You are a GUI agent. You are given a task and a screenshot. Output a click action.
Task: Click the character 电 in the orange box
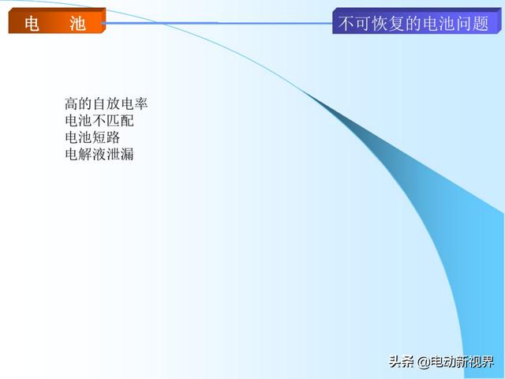[32, 24]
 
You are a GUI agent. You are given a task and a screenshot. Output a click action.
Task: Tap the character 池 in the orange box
[77, 24]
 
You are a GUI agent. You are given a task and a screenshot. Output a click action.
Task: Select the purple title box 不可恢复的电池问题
[417, 21]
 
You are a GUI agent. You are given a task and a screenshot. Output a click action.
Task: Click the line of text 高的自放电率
[107, 103]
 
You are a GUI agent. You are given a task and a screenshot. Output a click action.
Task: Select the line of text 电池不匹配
[99, 121]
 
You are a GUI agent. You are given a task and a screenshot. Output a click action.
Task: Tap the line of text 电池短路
[92, 137]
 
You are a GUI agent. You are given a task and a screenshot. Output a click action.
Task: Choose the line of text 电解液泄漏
[99, 154]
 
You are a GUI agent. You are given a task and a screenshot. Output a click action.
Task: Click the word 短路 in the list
[107, 137]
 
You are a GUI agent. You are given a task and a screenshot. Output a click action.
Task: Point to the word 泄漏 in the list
[120, 154]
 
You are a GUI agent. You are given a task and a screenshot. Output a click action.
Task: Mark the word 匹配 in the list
[120, 121]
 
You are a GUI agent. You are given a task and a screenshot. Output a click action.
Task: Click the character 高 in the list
[72, 103]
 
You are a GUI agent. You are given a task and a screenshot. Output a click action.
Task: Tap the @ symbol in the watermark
[424, 362]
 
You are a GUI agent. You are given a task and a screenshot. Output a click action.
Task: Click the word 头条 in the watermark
[402, 362]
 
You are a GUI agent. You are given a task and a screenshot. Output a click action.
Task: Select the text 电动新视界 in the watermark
[462, 362]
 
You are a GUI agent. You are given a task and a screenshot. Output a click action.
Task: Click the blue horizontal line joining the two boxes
[217, 23]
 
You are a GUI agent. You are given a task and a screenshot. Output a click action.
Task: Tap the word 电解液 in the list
[86, 154]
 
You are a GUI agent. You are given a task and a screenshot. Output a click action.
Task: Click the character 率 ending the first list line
[141, 103]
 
